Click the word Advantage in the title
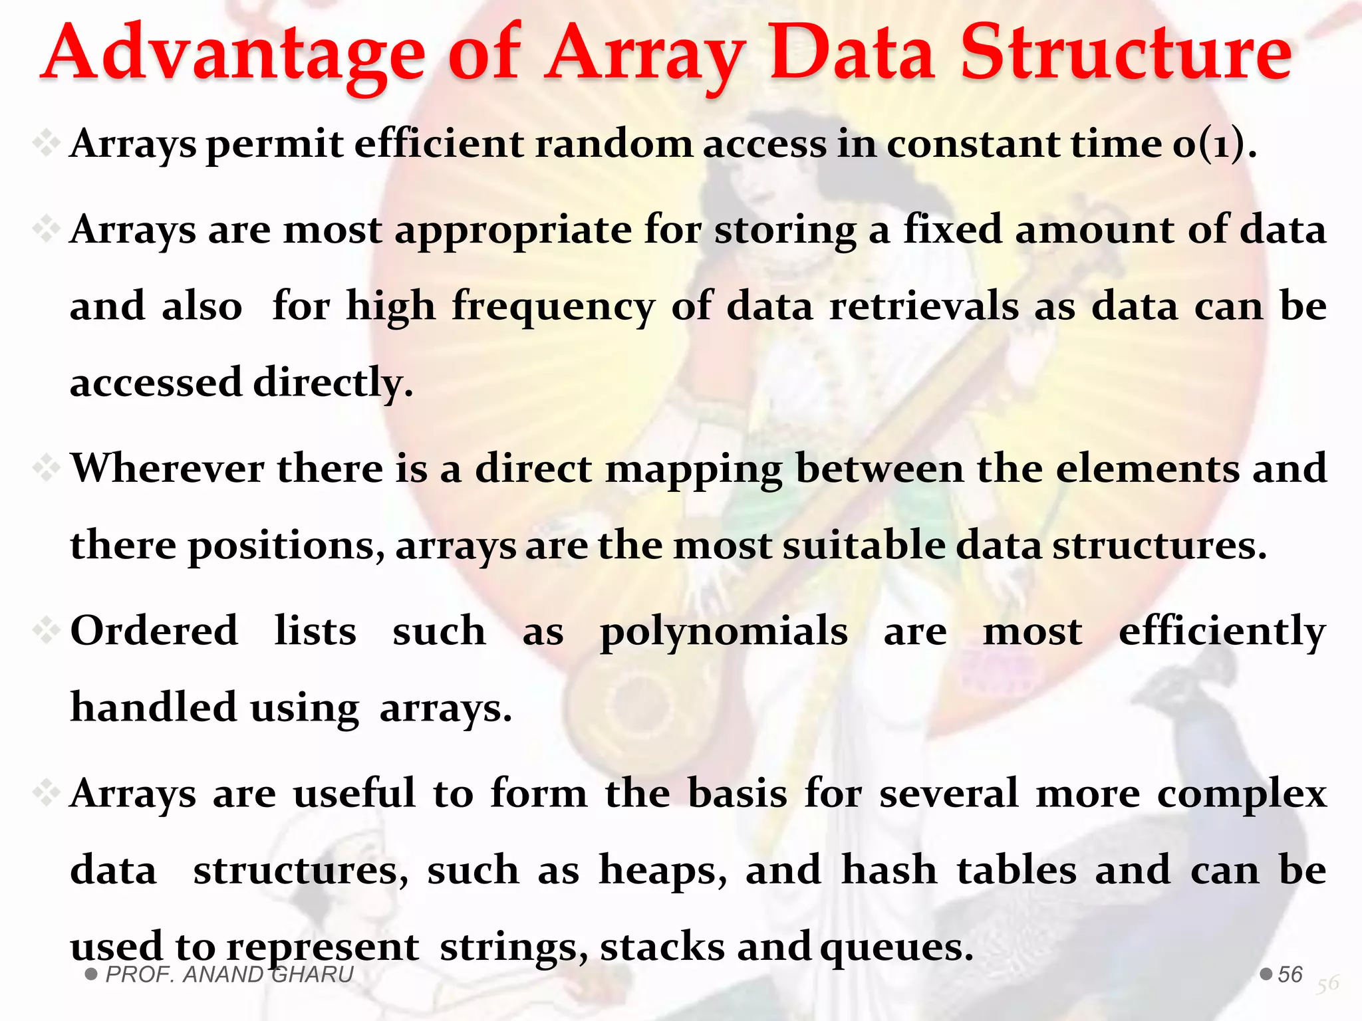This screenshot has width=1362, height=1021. [233, 57]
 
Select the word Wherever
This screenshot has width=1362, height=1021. [168, 469]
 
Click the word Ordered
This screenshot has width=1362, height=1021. [154, 631]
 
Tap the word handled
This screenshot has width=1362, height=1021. [153, 707]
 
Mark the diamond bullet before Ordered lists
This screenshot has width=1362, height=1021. [47, 630]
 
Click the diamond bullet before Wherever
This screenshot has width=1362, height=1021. [47, 469]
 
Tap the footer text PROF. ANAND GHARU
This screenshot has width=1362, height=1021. [229, 974]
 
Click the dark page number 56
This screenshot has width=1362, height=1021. [1290, 974]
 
